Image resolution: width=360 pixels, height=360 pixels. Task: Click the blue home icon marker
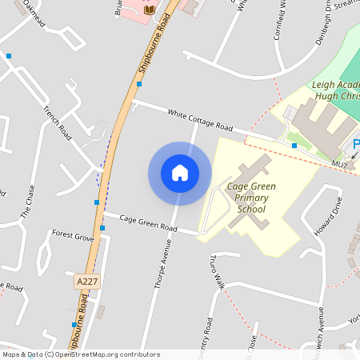click(x=180, y=173)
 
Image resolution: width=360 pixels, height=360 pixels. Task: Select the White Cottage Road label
click(x=200, y=122)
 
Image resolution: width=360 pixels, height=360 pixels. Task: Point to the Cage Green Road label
click(x=148, y=222)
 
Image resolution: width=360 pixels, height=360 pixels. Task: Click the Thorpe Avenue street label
click(x=162, y=268)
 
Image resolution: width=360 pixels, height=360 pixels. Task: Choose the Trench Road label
click(x=58, y=123)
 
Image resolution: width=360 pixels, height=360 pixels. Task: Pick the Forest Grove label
click(x=73, y=236)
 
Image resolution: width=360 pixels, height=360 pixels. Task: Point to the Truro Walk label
click(x=214, y=271)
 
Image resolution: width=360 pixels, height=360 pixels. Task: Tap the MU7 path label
click(x=340, y=165)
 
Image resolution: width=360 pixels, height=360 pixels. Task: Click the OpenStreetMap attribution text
click(x=80, y=354)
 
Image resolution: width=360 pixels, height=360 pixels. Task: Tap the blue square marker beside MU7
click(x=294, y=146)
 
